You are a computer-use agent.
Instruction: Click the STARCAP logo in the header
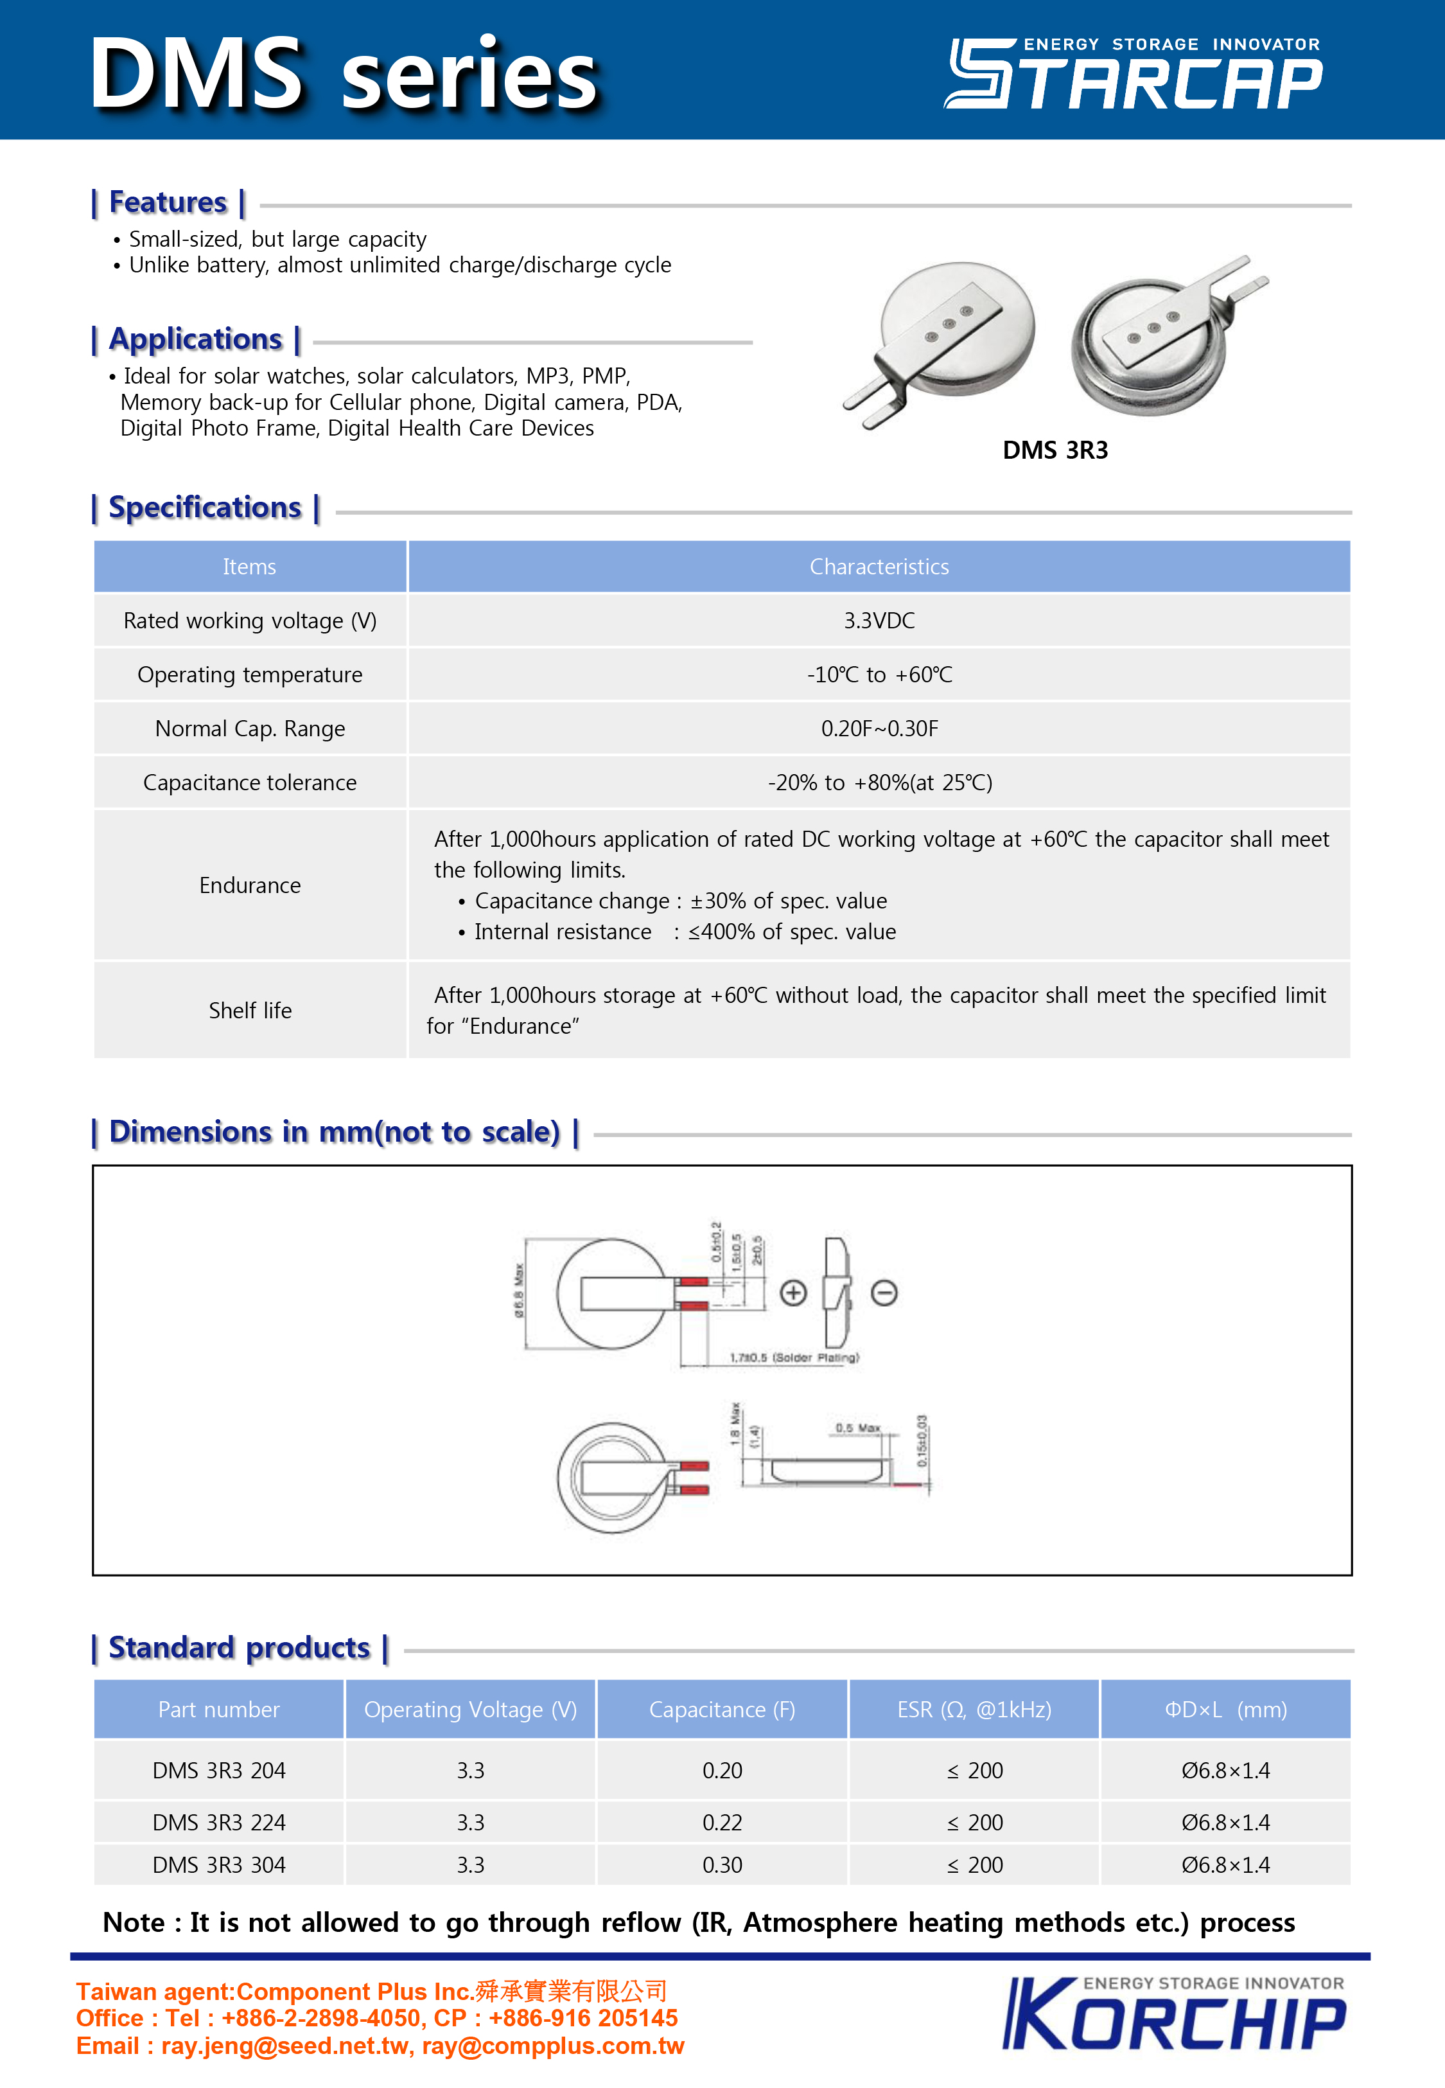[x=1134, y=75]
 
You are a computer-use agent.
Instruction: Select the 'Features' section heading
[x=168, y=203]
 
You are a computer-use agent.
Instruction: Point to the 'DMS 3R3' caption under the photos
[x=1055, y=450]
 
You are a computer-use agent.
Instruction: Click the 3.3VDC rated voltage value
[x=879, y=620]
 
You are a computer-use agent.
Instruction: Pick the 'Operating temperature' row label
[x=250, y=675]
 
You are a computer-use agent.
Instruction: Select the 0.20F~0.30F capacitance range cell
[x=879, y=729]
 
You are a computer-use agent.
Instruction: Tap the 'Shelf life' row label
[x=250, y=1011]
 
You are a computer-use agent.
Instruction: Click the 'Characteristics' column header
[x=879, y=567]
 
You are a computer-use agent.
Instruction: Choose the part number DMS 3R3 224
[x=219, y=1822]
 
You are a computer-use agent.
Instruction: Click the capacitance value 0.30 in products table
[x=722, y=1865]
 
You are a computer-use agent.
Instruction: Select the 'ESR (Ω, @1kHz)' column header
[x=974, y=1710]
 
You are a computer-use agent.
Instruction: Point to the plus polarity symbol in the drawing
[x=793, y=1293]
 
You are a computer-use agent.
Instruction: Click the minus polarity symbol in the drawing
[x=884, y=1293]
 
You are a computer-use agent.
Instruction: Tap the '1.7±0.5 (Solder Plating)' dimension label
[x=794, y=1358]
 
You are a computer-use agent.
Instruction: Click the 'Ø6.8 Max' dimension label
[x=519, y=1290]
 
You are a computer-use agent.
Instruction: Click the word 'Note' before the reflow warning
[x=134, y=1922]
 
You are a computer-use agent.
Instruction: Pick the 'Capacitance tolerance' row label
[x=250, y=783]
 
